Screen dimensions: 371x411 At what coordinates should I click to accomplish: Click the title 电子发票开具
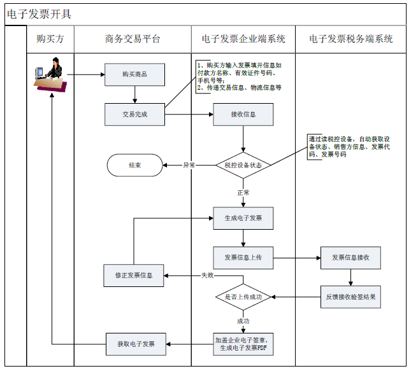(39, 13)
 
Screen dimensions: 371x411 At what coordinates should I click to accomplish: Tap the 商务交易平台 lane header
(133, 39)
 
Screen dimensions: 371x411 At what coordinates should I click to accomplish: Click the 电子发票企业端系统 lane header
(243, 39)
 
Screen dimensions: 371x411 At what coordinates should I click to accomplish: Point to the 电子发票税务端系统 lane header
(351, 39)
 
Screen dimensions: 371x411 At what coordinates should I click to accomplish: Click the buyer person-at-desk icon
(51, 75)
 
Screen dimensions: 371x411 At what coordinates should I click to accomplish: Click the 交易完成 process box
(134, 115)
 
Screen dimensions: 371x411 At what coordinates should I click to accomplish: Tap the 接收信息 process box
(243, 115)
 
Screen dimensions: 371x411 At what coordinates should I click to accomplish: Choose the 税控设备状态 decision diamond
(243, 165)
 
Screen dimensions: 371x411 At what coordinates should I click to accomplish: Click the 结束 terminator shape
(134, 165)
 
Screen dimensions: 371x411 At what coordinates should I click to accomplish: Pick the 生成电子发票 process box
(243, 218)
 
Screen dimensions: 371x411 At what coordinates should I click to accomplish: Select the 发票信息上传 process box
(243, 258)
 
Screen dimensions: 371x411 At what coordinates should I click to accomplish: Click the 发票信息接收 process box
(351, 258)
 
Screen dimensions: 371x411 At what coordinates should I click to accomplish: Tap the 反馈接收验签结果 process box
(351, 297)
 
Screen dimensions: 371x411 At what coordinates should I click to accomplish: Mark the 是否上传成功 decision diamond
(243, 297)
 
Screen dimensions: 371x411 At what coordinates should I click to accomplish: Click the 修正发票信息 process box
(134, 276)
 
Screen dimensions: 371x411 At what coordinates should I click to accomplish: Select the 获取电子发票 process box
(134, 344)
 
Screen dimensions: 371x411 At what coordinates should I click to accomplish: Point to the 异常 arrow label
(189, 165)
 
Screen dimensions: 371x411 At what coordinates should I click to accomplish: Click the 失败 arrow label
(207, 276)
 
